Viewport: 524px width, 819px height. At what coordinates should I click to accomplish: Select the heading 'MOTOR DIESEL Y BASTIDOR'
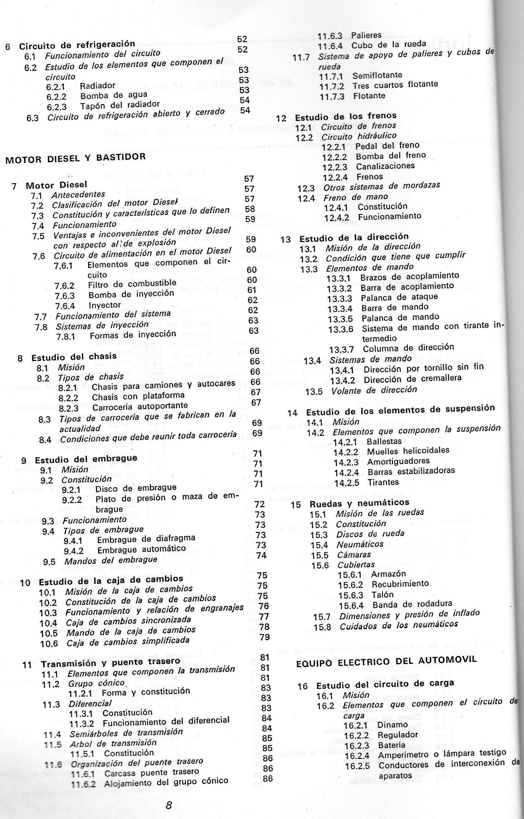[75, 158]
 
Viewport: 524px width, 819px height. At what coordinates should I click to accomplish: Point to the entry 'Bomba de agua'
[114, 95]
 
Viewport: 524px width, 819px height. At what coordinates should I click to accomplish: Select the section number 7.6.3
[65, 295]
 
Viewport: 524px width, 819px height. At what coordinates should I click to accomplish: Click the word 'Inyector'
[105, 305]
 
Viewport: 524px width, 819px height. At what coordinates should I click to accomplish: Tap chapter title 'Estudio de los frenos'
[345, 117]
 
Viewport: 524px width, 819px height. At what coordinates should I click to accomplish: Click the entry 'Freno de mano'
[356, 197]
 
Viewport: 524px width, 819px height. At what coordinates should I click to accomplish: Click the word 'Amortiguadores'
[398, 462]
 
